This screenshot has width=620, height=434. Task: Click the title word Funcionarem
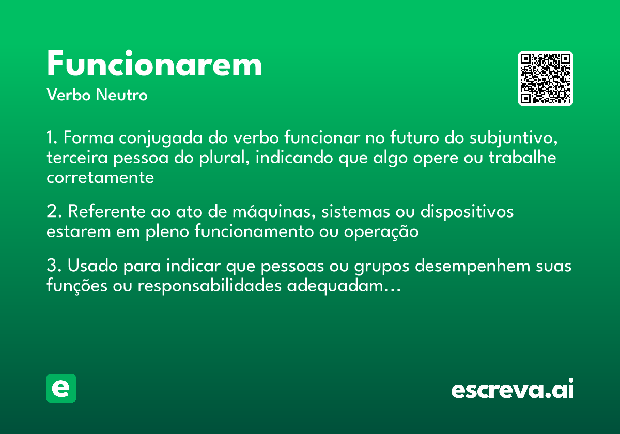(154, 65)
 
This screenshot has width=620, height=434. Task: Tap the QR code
(546, 79)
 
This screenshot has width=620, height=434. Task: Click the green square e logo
(61, 388)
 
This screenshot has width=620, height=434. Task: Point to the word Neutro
(121, 95)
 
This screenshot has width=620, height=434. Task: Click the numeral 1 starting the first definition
(51, 138)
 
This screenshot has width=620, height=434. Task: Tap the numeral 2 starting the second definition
(52, 212)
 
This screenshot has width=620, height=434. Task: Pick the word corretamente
(100, 177)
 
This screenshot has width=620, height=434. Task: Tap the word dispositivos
(467, 212)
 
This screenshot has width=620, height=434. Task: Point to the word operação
(381, 232)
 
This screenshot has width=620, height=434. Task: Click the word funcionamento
(254, 232)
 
